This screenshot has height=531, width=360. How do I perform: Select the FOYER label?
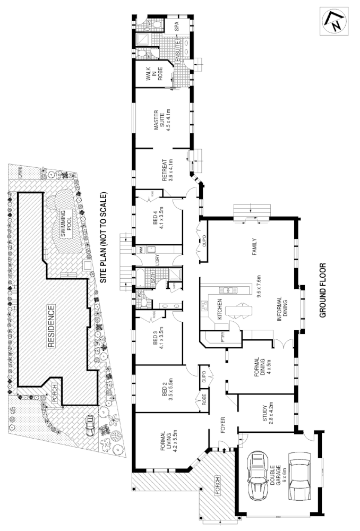click(224, 425)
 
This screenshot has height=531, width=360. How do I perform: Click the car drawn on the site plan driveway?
click(90, 423)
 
